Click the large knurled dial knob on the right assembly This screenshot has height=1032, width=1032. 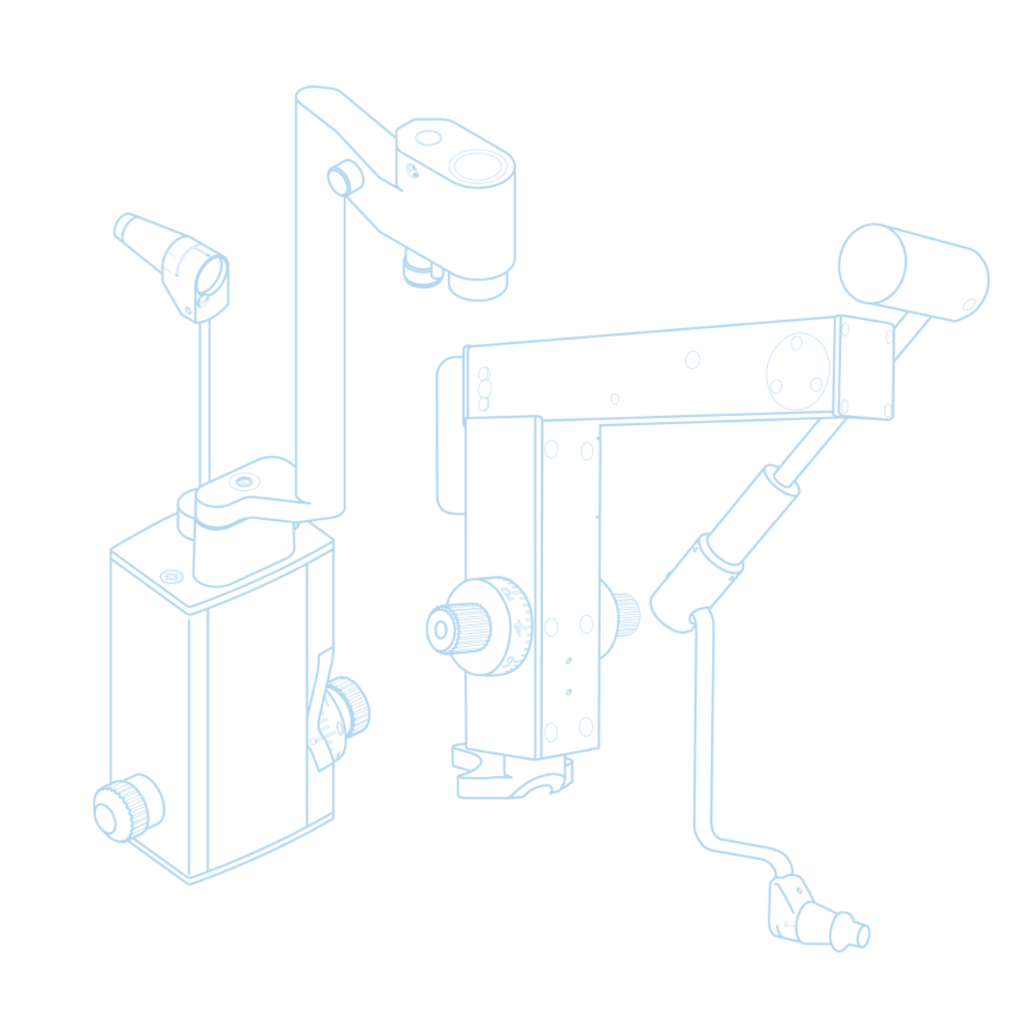(479, 627)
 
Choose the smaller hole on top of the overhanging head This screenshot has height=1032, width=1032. (426, 137)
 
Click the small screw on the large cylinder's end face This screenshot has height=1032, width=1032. (969, 305)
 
